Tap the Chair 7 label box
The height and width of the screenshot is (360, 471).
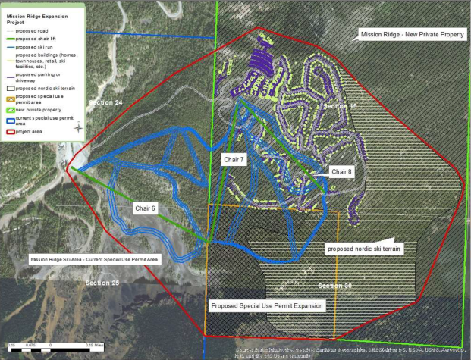[x=233, y=160]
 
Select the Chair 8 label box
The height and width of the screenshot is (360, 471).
[x=341, y=172]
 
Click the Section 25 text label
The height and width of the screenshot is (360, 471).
[x=102, y=283]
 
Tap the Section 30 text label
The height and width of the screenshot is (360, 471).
[x=335, y=286]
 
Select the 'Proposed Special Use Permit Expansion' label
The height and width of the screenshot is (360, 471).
[x=266, y=305]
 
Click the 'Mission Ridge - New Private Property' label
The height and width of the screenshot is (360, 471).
[x=412, y=35]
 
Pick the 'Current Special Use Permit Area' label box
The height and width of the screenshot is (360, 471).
[x=94, y=259]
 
